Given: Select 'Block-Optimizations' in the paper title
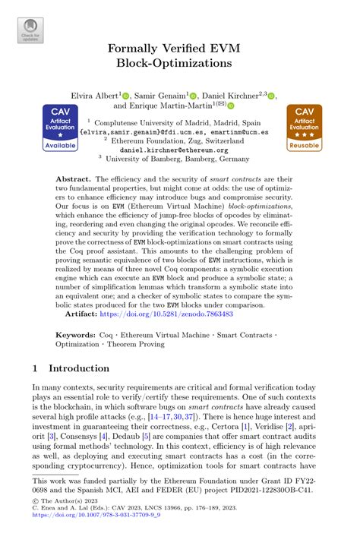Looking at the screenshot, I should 180,67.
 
